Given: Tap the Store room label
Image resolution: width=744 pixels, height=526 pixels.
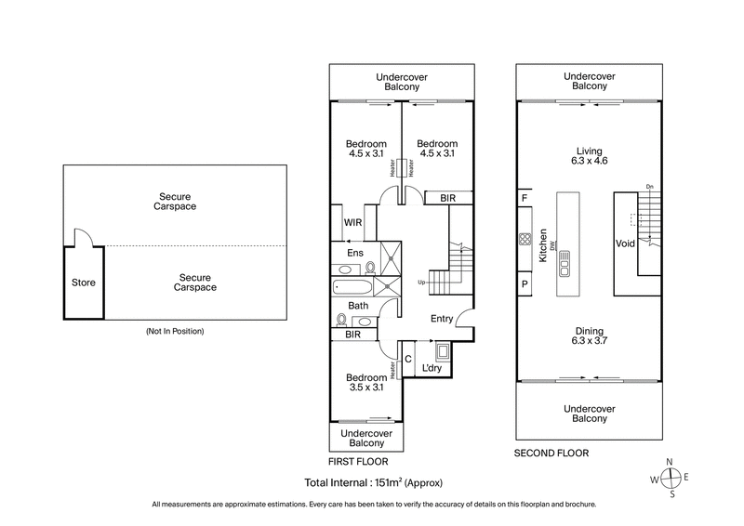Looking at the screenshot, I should tap(83, 283).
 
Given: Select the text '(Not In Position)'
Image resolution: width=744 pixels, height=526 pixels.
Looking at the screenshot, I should tap(175, 331).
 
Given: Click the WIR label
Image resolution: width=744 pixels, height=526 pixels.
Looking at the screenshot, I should tap(352, 223).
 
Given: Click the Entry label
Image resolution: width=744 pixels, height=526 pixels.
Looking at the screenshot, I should tap(442, 319).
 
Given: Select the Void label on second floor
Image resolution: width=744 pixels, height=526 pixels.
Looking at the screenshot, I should tap(624, 243).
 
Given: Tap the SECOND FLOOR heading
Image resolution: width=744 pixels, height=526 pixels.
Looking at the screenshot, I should tap(551, 453).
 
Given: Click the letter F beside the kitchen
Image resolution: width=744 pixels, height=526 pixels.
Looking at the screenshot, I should tap(525, 199).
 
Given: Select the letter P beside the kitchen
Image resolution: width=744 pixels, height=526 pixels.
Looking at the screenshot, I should tap(525, 284).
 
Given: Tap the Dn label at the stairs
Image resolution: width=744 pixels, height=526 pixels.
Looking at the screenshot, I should tap(649, 188).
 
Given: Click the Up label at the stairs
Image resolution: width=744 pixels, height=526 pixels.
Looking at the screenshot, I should tap(421, 282).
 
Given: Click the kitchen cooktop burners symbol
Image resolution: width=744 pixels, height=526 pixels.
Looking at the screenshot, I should tap(525, 240).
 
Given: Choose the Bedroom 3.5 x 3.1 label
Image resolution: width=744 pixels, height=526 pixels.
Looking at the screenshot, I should tap(365, 382).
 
